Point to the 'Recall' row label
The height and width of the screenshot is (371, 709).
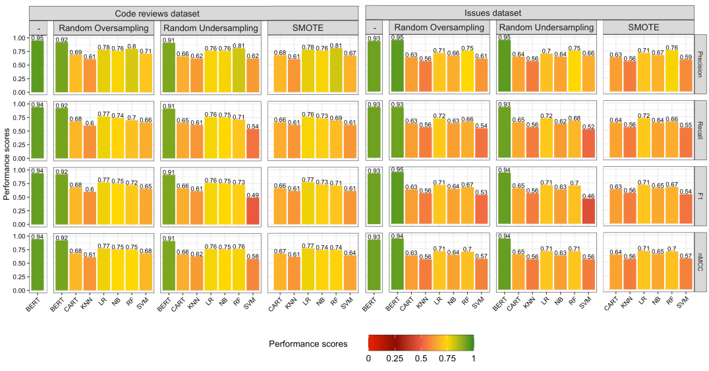[702, 130]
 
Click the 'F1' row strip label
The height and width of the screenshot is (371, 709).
[702, 196]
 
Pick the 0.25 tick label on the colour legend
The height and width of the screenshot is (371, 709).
[395, 358]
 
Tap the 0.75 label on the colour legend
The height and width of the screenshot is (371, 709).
[447, 358]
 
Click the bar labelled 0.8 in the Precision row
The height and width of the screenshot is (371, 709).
[132, 71]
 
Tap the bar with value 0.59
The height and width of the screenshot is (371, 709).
[686, 76]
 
